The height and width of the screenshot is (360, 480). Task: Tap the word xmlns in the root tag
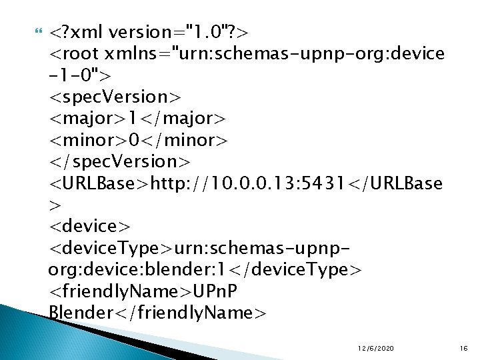[x=141, y=53]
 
